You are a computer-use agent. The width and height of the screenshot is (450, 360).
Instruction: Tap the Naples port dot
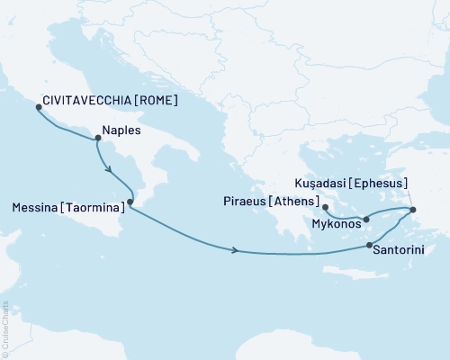click(x=97, y=138)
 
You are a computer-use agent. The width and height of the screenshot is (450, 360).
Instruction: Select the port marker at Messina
click(x=130, y=202)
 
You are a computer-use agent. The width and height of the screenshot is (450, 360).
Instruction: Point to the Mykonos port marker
click(x=366, y=219)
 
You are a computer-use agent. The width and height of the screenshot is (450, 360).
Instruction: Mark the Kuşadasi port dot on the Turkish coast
click(x=413, y=211)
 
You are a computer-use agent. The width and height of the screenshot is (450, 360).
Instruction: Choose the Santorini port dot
click(x=370, y=246)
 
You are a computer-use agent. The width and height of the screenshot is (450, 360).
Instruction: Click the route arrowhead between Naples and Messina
click(x=109, y=169)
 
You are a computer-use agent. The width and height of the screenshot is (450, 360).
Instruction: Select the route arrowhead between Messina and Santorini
click(x=236, y=249)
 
